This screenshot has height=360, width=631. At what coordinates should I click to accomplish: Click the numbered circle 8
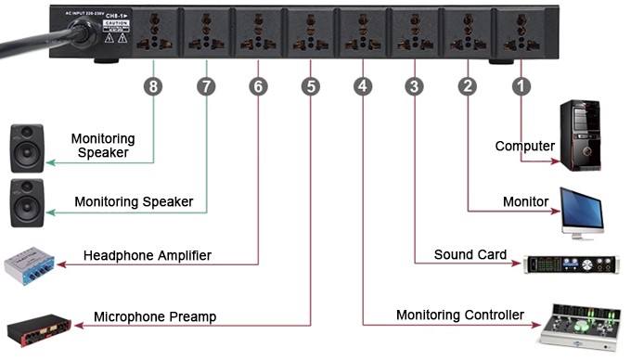[153, 86]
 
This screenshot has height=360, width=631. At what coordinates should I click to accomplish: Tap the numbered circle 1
[522, 86]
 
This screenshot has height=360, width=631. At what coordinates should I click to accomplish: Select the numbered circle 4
[363, 86]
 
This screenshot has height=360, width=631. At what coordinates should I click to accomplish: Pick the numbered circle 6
[258, 86]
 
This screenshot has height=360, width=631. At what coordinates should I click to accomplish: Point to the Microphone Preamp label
[155, 316]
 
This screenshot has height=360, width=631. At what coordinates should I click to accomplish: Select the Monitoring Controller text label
[460, 315]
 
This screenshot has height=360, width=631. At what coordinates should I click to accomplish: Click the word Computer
[524, 147]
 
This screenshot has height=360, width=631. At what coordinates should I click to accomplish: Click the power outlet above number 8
[149, 35]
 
